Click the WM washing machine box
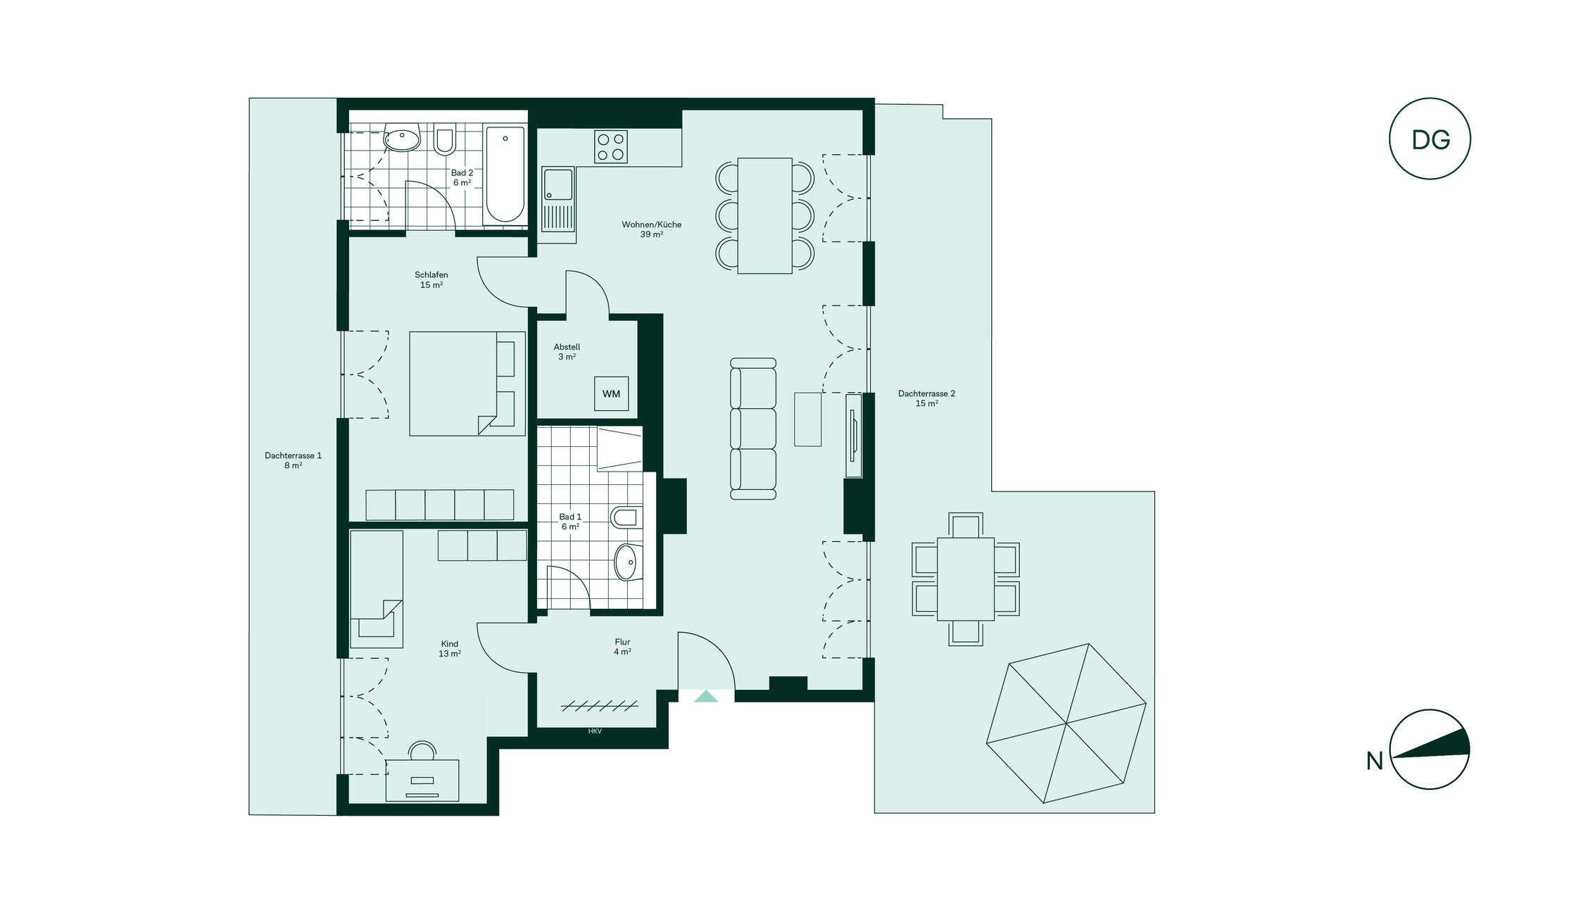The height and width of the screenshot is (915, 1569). click(611, 393)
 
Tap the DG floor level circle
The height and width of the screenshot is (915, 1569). click(1430, 139)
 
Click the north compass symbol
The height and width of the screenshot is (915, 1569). click(1430, 749)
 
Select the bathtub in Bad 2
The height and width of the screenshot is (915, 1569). click(505, 175)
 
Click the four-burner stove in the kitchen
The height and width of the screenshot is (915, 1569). click(610, 147)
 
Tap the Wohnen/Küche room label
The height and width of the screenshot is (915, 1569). click(651, 229)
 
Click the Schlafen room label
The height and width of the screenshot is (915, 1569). click(431, 280)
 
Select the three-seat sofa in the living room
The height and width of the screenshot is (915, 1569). click(752, 429)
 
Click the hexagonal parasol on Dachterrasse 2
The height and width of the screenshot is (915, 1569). click(1066, 723)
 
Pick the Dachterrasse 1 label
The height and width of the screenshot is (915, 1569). click(293, 460)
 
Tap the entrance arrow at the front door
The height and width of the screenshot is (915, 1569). click(706, 696)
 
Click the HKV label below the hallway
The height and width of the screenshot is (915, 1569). click(595, 731)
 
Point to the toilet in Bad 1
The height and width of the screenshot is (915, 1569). click(626, 517)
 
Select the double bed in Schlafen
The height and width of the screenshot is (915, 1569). click(467, 384)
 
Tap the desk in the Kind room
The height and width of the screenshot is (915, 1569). click(422, 780)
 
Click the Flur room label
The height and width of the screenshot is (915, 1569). click(622, 647)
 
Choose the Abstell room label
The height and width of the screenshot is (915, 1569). click(567, 352)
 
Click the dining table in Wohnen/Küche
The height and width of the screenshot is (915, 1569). click(764, 215)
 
